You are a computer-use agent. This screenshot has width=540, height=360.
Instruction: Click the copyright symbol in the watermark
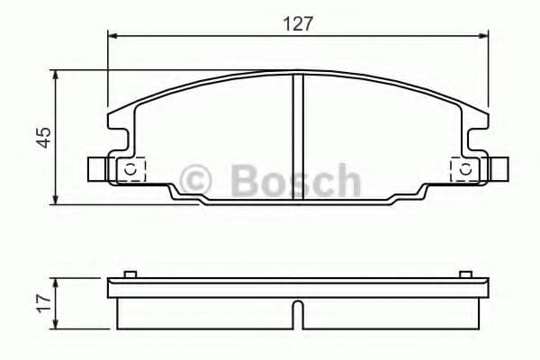tap(197, 180)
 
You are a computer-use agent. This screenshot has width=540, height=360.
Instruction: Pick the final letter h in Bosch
tap(345, 180)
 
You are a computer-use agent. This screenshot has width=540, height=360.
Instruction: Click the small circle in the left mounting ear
tap(129, 169)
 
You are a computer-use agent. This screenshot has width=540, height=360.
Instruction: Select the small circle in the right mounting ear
tap(464, 169)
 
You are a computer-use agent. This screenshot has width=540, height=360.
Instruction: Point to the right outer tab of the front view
tap(496, 168)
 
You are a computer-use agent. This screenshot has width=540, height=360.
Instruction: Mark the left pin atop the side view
tap(130, 274)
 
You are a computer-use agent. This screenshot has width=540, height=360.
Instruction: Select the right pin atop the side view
tap(463, 274)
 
